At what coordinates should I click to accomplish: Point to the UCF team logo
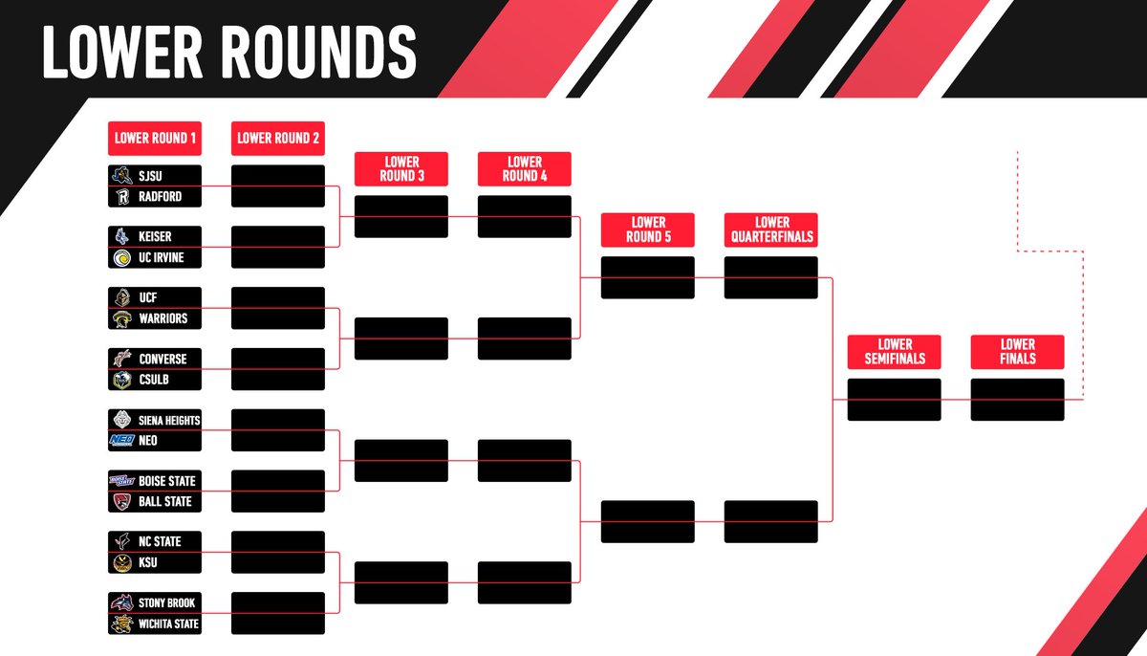tap(121, 297)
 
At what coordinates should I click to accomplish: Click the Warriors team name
tap(162, 318)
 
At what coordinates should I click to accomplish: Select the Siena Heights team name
tap(169, 420)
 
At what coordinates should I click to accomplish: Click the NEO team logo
tap(121, 441)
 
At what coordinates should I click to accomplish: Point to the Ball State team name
tap(164, 502)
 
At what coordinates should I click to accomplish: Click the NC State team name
tap(160, 541)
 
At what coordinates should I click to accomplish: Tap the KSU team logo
tap(121, 563)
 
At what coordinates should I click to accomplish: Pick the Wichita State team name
tap(169, 624)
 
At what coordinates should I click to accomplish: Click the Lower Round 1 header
tap(155, 138)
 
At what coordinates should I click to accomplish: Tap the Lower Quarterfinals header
tap(770, 230)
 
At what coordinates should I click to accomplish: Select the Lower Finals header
tap(1017, 351)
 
